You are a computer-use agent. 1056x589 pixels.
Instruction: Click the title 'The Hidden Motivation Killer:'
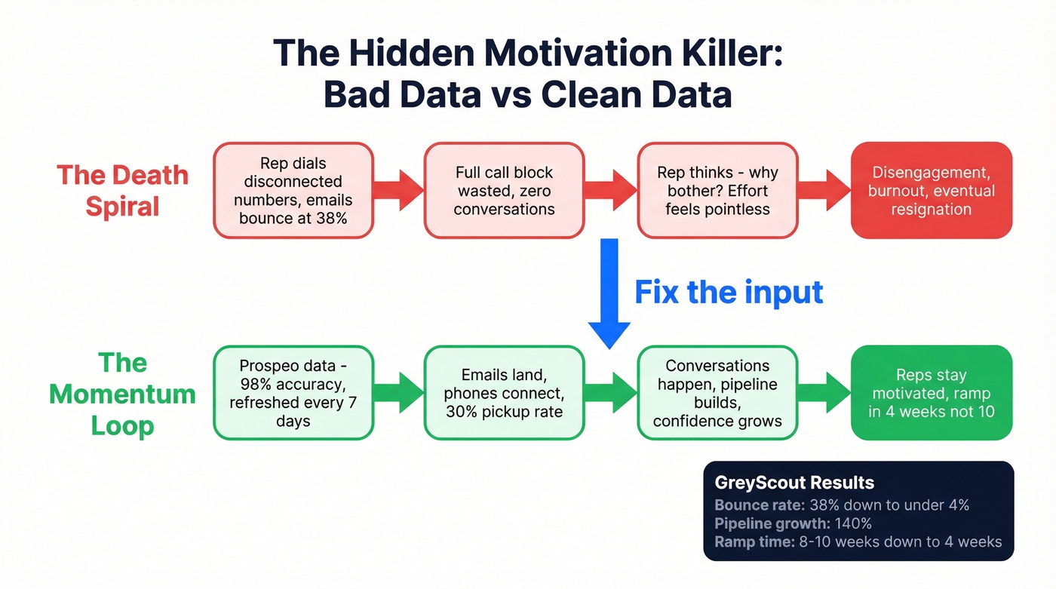pos(527,54)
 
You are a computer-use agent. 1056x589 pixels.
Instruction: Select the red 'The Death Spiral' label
pos(122,190)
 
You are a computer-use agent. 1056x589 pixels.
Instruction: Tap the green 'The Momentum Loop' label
pos(122,394)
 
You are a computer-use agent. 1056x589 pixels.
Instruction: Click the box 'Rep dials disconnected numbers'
pos(293,191)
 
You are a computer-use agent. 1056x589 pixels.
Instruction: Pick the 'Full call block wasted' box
pos(504,191)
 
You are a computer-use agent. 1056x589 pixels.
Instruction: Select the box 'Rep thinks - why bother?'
pos(717,191)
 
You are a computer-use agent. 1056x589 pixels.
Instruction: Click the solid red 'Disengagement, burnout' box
pos(931,191)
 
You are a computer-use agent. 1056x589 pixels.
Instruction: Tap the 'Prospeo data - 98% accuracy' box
pos(293,393)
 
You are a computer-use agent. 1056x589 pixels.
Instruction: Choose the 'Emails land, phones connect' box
pos(504,393)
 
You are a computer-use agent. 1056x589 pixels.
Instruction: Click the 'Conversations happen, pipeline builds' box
pos(717,393)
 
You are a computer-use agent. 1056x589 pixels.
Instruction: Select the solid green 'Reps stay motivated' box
pos(931,393)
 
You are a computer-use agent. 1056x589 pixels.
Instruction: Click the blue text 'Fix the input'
pos(729,292)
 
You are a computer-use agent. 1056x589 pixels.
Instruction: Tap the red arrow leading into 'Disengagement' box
pos(824,191)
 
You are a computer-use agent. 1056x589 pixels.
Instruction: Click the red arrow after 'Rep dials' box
pos(398,191)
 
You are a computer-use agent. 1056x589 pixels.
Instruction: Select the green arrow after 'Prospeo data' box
pos(398,393)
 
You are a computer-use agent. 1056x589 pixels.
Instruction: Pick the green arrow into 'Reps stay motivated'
pos(824,393)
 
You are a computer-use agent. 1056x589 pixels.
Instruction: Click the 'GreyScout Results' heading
pos(794,483)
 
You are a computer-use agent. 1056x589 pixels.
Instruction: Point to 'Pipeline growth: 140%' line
pos(793,523)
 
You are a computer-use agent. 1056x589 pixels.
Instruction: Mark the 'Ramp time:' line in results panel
pos(858,541)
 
